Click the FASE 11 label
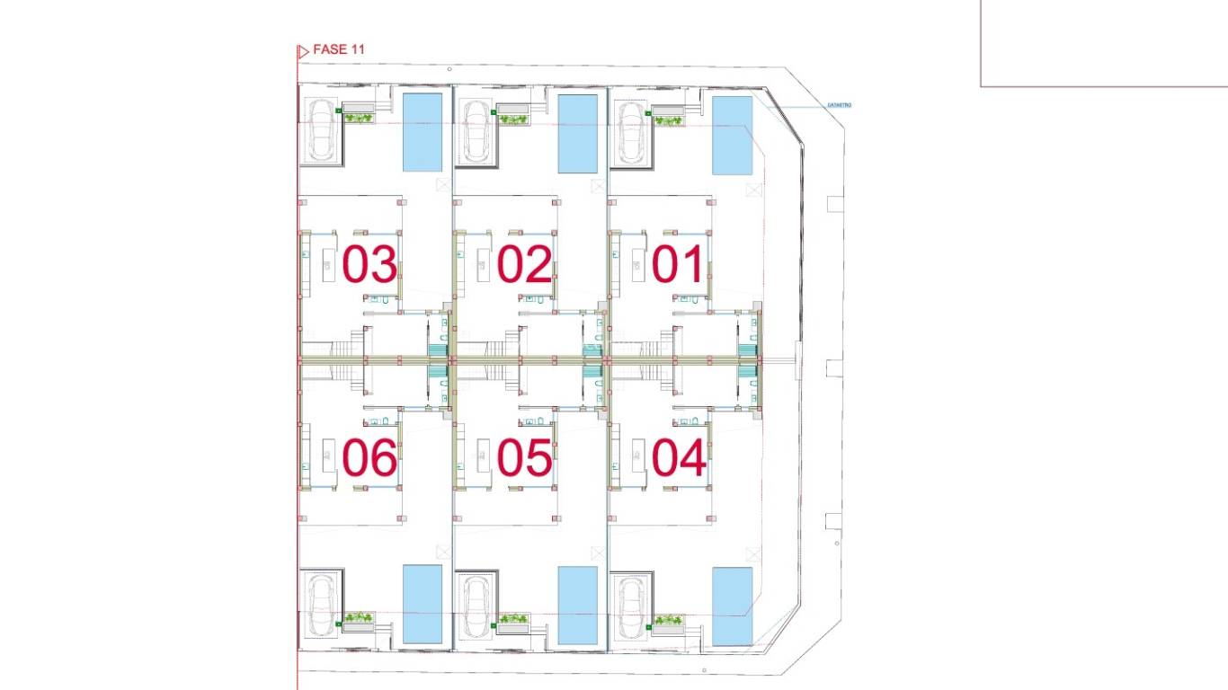338,50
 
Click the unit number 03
369,265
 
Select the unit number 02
524,265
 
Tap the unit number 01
679,265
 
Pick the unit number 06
369,459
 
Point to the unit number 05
524,459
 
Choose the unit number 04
679,459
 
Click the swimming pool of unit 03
423,132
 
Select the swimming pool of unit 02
577,133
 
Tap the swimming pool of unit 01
733,136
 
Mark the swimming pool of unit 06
423,604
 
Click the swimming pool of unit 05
577,605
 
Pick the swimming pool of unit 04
733,606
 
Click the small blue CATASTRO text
838,106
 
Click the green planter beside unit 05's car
513,618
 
